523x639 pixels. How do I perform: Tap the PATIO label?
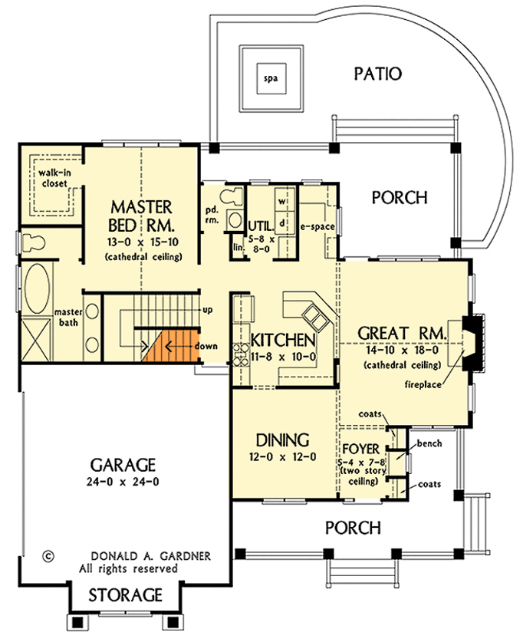pyautogui.click(x=378, y=74)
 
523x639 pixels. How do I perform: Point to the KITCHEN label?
pyautogui.click(x=283, y=340)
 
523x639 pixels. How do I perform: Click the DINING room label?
pyautogui.click(x=282, y=440)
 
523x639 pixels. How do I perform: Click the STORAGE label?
pyautogui.click(x=125, y=595)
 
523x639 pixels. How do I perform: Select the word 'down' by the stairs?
pyautogui.click(x=206, y=346)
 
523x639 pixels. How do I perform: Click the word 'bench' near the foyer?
pyautogui.click(x=426, y=444)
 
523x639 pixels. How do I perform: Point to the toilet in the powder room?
pyautogui.click(x=232, y=197)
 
